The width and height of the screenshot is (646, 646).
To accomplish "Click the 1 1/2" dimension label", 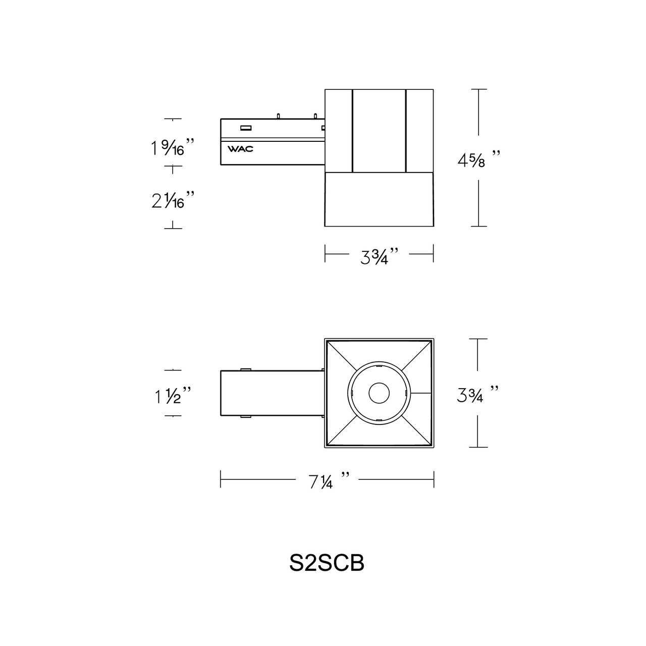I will coord(172,396).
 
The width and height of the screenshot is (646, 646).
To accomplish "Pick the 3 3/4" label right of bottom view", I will coord(477,394).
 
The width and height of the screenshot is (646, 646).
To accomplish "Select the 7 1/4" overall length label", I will coord(327,480).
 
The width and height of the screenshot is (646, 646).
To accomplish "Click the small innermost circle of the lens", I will coord(379,393).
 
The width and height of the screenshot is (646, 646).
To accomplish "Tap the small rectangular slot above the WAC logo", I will coord(246,128).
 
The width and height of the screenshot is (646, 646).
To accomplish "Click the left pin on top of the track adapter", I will coord(278,116).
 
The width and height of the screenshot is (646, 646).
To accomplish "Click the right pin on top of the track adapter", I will coord(315,116).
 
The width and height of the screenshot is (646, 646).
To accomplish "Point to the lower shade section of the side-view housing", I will coord(379,199).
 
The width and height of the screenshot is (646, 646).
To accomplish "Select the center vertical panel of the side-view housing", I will coord(379,131).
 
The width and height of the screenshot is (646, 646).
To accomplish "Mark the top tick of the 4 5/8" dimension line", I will coord(478,89).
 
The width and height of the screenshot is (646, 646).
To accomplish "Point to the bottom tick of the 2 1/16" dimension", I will coord(173,228).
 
